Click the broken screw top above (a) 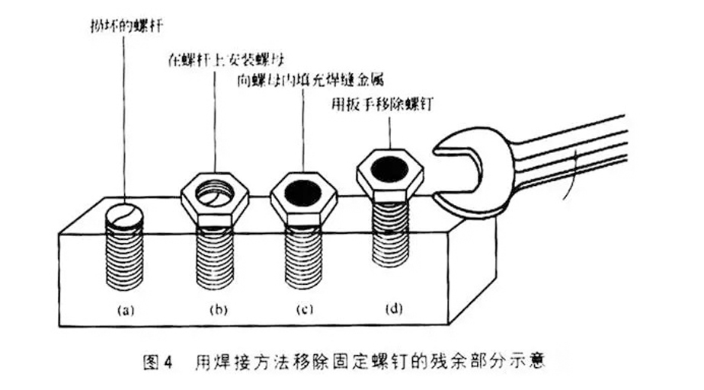(123, 214)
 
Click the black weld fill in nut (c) (302, 190)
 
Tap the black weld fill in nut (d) (391, 166)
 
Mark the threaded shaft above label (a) (124, 259)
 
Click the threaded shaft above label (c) (302, 259)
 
